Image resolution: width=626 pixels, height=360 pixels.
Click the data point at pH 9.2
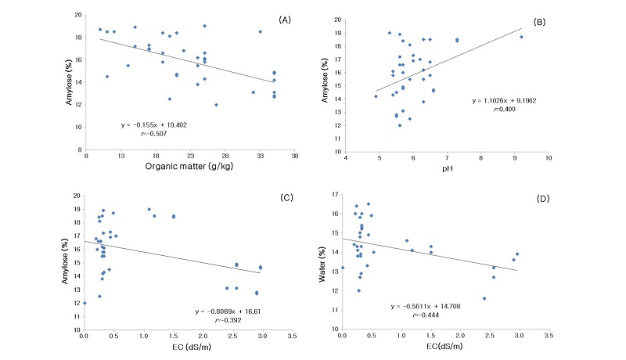522,37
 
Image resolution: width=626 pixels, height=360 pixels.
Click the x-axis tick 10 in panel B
549,158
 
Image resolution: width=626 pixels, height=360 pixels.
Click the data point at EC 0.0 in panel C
85,303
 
